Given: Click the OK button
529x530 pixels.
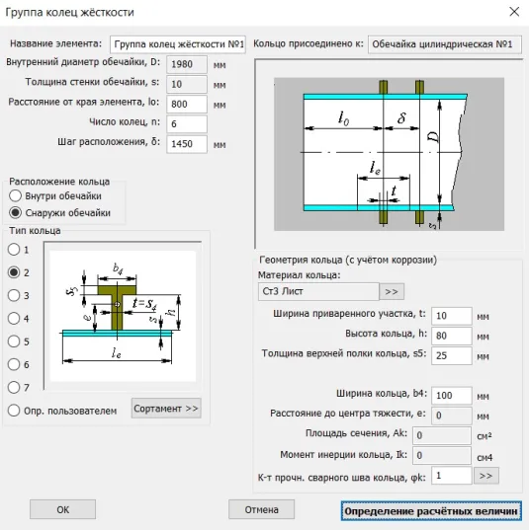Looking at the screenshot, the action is click(x=62, y=509).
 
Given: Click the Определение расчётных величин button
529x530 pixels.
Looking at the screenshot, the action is click(x=431, y=510).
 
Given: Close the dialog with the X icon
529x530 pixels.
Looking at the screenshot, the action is click(x=514, y=12).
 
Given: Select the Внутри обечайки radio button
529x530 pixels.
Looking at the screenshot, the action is click(x=15, y=195).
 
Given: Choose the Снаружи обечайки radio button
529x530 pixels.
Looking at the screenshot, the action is click(x=15, y=212).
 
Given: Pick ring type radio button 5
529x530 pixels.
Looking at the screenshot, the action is click(x=14, y=341).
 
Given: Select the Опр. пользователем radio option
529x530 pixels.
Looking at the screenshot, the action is click(x=14, y=411).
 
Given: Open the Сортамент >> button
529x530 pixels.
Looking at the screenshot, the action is click(x=166, y=409).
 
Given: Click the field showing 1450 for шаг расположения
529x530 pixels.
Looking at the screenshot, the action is click(x=187, y=144).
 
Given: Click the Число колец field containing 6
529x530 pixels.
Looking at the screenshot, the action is click(x=187, y=124).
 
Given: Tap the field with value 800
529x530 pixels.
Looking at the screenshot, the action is click(x=187, y=104).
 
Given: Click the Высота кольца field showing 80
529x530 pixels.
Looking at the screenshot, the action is click(x=452, y=336).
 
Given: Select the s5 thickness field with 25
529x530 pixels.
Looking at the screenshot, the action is click(x=452, y=355).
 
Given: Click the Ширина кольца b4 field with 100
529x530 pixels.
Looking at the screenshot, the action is click(x=452, y=395).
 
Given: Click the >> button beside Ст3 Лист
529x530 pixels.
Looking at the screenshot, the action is click(x=392, y=292).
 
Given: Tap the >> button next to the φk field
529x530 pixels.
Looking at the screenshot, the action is click(x=486, y=476).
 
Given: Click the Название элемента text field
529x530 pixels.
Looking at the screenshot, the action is click(x=178, y=44).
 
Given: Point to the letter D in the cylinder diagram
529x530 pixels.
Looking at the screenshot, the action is click(x=434, y=136).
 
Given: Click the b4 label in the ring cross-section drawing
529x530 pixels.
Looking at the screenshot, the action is click(x=118, y=269).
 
